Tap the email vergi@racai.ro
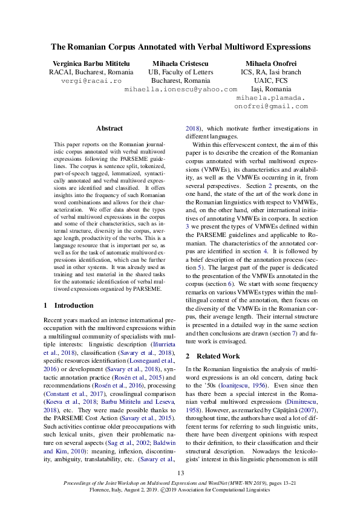pos(91,80)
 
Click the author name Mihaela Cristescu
pos(180,63)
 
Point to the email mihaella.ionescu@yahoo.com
pos(180,89)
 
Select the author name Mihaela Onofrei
pos(271,63)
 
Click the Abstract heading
pos(110,128)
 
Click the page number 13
pos(180,473)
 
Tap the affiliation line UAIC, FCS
pos(271,80)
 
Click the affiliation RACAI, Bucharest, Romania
pos(91,72)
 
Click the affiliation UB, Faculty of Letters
pos(180,72)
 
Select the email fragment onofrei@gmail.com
pos(271,106)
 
